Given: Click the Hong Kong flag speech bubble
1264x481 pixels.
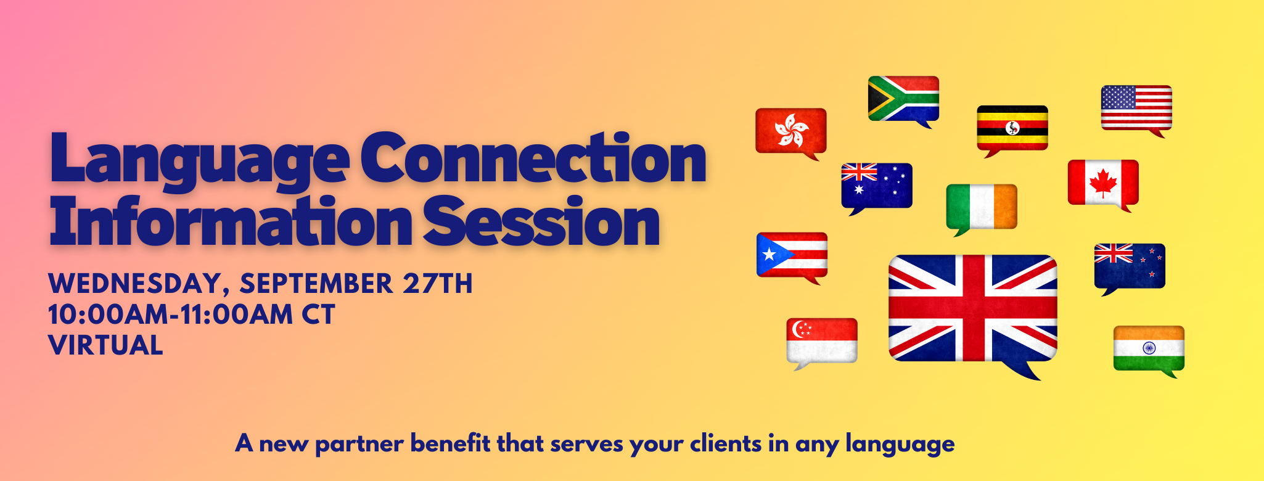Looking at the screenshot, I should point(791,131).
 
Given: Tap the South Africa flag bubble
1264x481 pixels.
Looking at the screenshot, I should point(903,99).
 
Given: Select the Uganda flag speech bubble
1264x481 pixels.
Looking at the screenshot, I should point(1012,128).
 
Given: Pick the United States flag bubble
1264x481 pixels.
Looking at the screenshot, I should point(1136,108).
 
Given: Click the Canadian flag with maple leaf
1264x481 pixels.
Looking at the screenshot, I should point(1103,183).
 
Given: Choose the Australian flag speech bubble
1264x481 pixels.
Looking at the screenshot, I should point(877,186).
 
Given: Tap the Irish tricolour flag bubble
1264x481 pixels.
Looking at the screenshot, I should point(982,207).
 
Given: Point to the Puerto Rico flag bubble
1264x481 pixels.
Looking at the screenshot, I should point(792,255).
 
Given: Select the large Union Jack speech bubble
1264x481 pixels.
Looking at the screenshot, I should point(973,308).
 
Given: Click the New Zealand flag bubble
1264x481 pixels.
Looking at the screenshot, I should point(1130,266).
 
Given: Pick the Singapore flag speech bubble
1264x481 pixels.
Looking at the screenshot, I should point(822,340).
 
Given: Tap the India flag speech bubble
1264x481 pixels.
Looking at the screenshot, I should point(1149,348).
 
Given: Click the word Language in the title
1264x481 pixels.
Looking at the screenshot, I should point(199,160).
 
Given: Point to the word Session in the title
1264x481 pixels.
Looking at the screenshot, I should point(541,222).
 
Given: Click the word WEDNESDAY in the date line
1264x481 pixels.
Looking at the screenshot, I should point(134,284).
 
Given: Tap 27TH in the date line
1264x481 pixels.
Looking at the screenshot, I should point(437,284).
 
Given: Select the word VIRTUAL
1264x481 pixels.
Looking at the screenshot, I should point(105,345).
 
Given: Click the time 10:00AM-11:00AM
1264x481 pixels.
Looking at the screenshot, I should point(170,314).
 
